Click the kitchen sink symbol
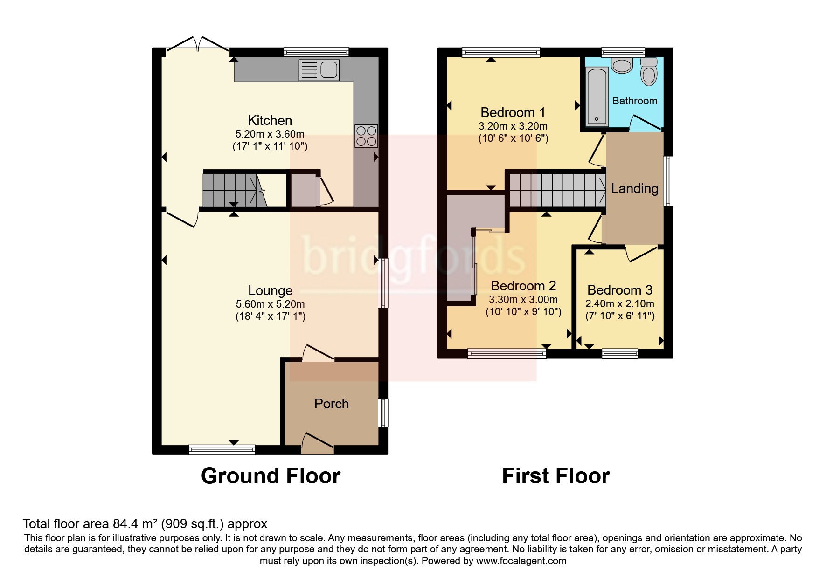[x=319, y=70]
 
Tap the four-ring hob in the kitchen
[x=366, y=136]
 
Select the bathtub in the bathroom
[x=597, y=96]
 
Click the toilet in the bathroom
[x=648, y=71]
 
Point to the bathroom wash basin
[x=621, y=65]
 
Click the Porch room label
[x=331, y=404]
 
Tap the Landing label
[x=634, y=188]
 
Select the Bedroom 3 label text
[x=619, y=290]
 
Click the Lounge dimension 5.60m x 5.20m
[x=270, y=304]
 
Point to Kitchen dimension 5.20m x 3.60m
[x=270, y=134]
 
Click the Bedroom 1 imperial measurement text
[x=513, y=138]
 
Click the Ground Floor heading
[x=271, y=476]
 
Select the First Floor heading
[x=555, y=476]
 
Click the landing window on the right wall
[x=668, y=181]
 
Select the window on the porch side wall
[x=383, y=413]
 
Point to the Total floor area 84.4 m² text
[x=145, y=523]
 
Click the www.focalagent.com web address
[x=521, y=561]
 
